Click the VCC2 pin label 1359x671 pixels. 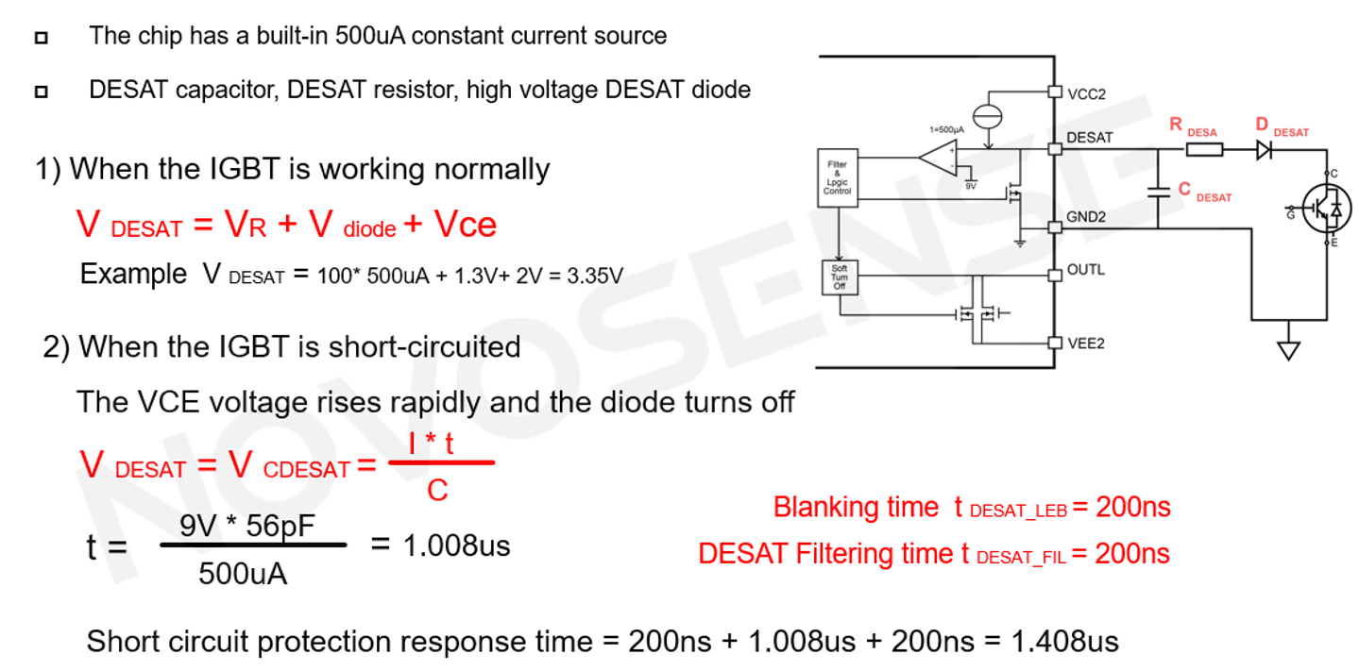click(1086, 93)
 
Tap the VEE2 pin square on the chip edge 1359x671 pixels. click(1055, 343)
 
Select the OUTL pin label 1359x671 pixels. click(1085, 270)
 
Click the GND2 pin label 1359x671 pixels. click(1087, 216)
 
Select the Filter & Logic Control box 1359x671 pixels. click(838, 177)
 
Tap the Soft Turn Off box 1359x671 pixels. click(839, 276)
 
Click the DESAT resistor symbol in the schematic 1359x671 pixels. click(1203, 149)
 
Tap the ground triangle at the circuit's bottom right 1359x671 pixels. click(1287, 351)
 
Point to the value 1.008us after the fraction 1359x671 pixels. click(456, 545)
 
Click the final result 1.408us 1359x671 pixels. click(1064, 642)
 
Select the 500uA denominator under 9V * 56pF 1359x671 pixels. click(243, 574)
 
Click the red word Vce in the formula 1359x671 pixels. click(465, 225)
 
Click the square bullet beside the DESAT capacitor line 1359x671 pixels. click(41, 92)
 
